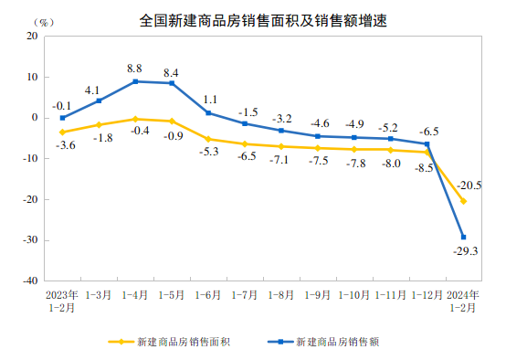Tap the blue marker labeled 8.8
(135, 81)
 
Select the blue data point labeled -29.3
(463, 237)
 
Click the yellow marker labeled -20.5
(463, 201)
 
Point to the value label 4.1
(91, 90)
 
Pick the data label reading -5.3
(208, 152)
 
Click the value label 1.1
(209, 99)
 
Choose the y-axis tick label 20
(33, 36)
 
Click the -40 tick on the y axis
(31, 281)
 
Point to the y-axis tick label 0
(36, 118)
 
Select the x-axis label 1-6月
(208, 295)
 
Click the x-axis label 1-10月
(353, 295)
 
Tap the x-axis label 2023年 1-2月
(62, 301)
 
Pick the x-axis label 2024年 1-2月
(463, 301)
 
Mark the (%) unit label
(45, 21)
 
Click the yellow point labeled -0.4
(135, 119)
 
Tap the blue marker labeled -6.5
(427, 143)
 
